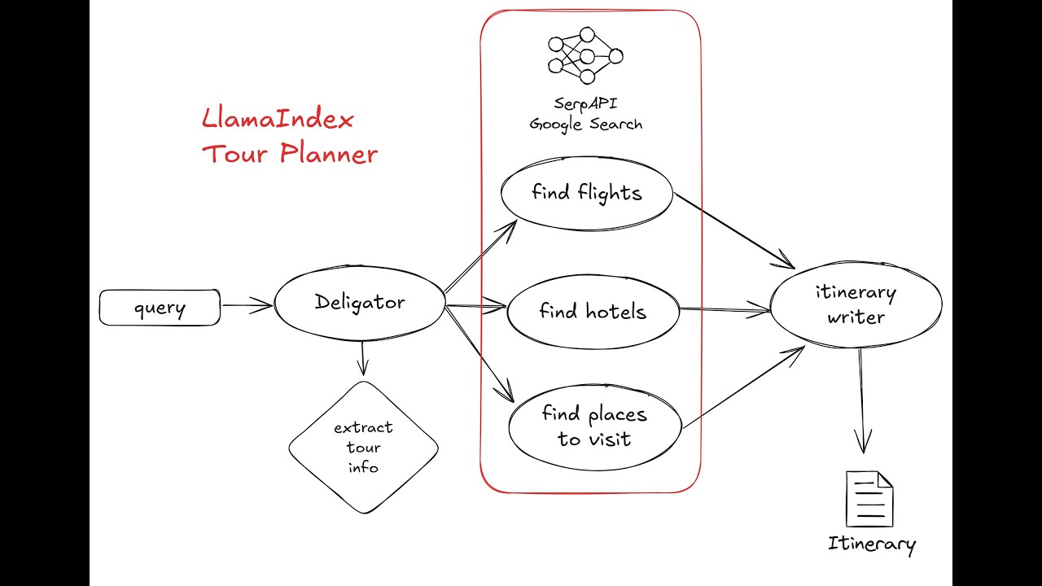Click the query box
click(x=160, y=308)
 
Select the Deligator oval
click(x=360, y=303)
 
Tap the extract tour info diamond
click(x=363, y=447)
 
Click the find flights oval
click(x=587, y=194)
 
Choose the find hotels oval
click(x=593, y=312)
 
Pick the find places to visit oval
click(x=594, y=426)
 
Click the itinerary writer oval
click(x=856, y=304)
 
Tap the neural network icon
click(x=585, y=55)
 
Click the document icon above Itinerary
click(x=869, y=499)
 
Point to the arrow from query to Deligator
click(x=247, y=306)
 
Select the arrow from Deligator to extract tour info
click(x=363, y=358)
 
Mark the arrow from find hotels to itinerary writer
click(x=725, y=309)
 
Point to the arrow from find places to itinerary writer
click(x=742, y=387)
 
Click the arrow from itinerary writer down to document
click(x=861, y=399)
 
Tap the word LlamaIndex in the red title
click(x=278, y=120)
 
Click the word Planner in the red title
click(x=329, y=153)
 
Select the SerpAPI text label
click(x=586, y=103)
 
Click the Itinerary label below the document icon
click(x=871, y=544)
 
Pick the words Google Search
click(x=586, y=124)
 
